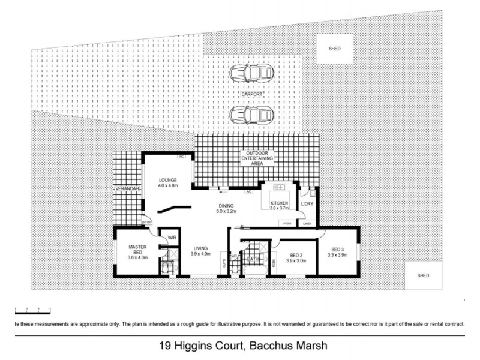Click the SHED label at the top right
[x=334, y=49]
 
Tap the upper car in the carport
[x=251, y=73]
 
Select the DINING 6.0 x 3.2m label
[x=226, y=209]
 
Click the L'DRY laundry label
[x=307, y=205]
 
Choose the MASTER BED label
[x=138, y=250]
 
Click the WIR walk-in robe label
[x=170, y=238]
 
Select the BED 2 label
[x=296, y=257]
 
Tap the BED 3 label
[x=339, y=252]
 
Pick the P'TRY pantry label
[x=287, y=223]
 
